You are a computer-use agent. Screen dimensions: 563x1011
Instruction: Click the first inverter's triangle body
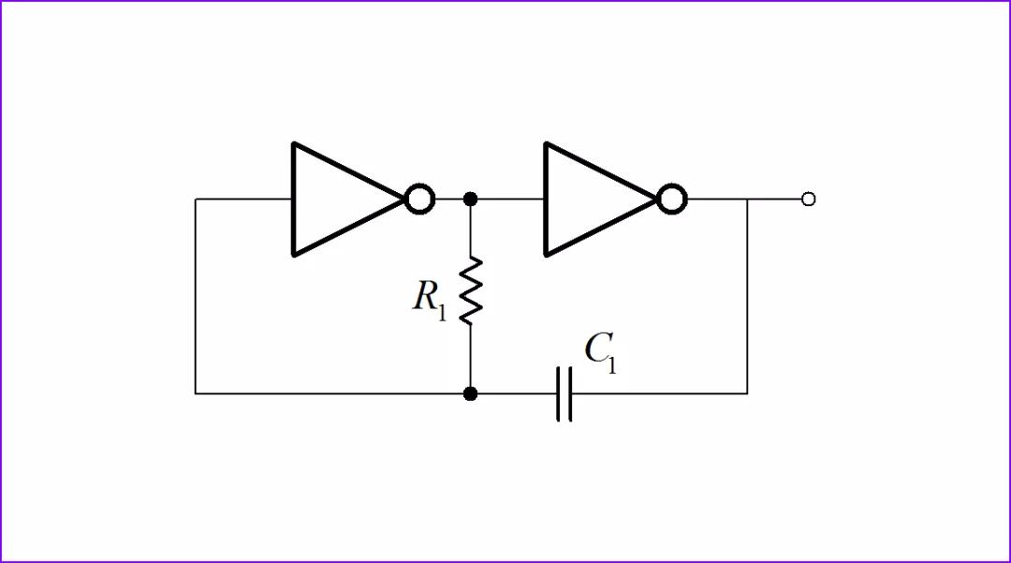point(337,199)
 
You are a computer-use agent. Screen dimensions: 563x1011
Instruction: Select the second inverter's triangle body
point(590,199)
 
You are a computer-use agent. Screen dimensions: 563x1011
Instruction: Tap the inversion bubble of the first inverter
point(420,199)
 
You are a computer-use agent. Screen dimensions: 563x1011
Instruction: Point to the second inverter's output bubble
point(672,199)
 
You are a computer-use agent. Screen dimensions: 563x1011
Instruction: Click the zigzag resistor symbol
point(471,290)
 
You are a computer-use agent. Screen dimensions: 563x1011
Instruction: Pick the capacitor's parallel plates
point(564,394)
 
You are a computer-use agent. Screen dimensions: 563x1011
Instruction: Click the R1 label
point(430,299)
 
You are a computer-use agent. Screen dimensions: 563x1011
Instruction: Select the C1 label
point(600,352)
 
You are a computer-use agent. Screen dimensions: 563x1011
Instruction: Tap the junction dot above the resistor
point(471,199)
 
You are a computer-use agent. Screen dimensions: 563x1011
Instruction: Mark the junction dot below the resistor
point(471,394)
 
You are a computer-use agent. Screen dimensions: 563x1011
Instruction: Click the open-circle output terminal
point(809,199)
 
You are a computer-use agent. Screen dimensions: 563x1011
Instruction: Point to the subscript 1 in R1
point(442,313)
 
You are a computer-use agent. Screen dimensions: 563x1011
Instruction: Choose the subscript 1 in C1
point(611,364)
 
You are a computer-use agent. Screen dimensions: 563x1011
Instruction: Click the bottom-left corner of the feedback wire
point(196,394)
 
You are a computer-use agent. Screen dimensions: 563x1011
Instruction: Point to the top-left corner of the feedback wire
point(196,199)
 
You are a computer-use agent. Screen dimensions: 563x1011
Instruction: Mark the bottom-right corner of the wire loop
point(747,394)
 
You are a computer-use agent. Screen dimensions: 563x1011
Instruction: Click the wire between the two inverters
point(505,199)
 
